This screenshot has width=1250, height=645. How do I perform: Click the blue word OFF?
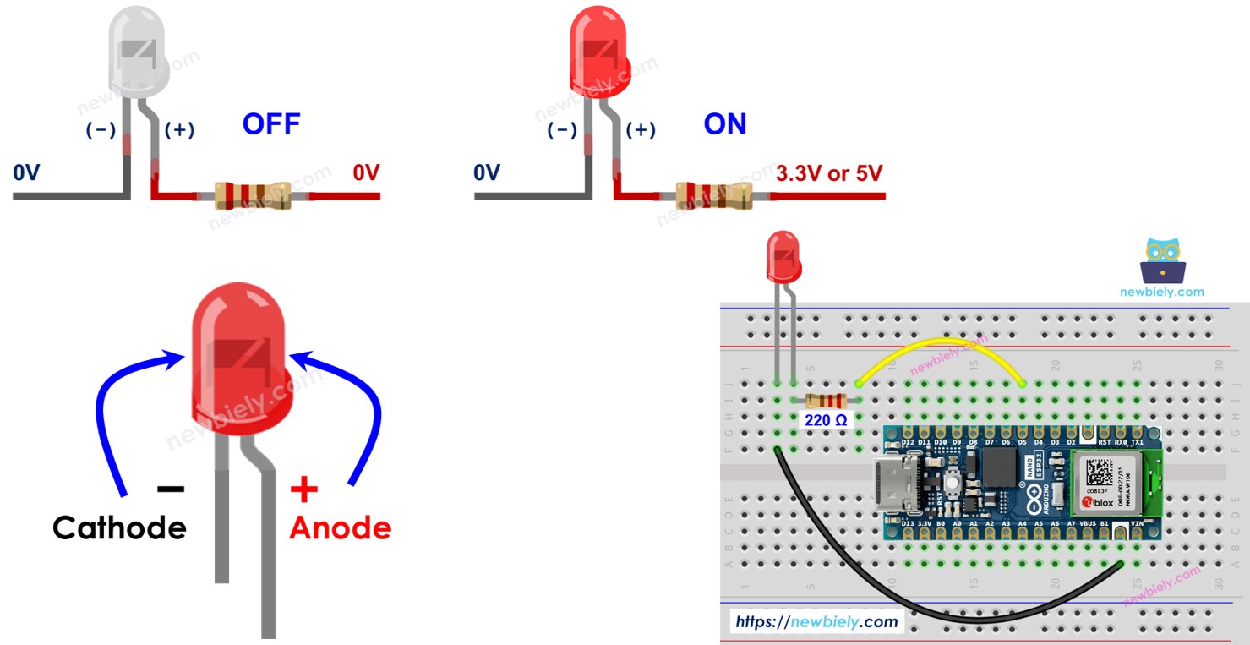coord(271,124)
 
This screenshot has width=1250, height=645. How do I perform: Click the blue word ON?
coord(725,124)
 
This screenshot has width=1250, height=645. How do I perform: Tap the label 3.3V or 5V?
coord(828,173)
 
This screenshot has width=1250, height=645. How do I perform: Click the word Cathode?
coord(119,527)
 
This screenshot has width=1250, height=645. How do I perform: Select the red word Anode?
coord(341,527)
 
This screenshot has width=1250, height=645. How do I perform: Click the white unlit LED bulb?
coord(139,52)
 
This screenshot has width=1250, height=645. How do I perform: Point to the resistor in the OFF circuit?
coord(252,196)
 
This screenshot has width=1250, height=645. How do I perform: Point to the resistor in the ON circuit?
coord(713,196)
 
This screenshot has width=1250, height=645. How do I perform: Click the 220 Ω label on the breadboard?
coord(824,418)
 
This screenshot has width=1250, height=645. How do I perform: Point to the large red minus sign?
coord(171,489)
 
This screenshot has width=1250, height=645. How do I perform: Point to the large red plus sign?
coord(304,489)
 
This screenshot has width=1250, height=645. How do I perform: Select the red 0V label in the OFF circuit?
coord(366,173)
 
